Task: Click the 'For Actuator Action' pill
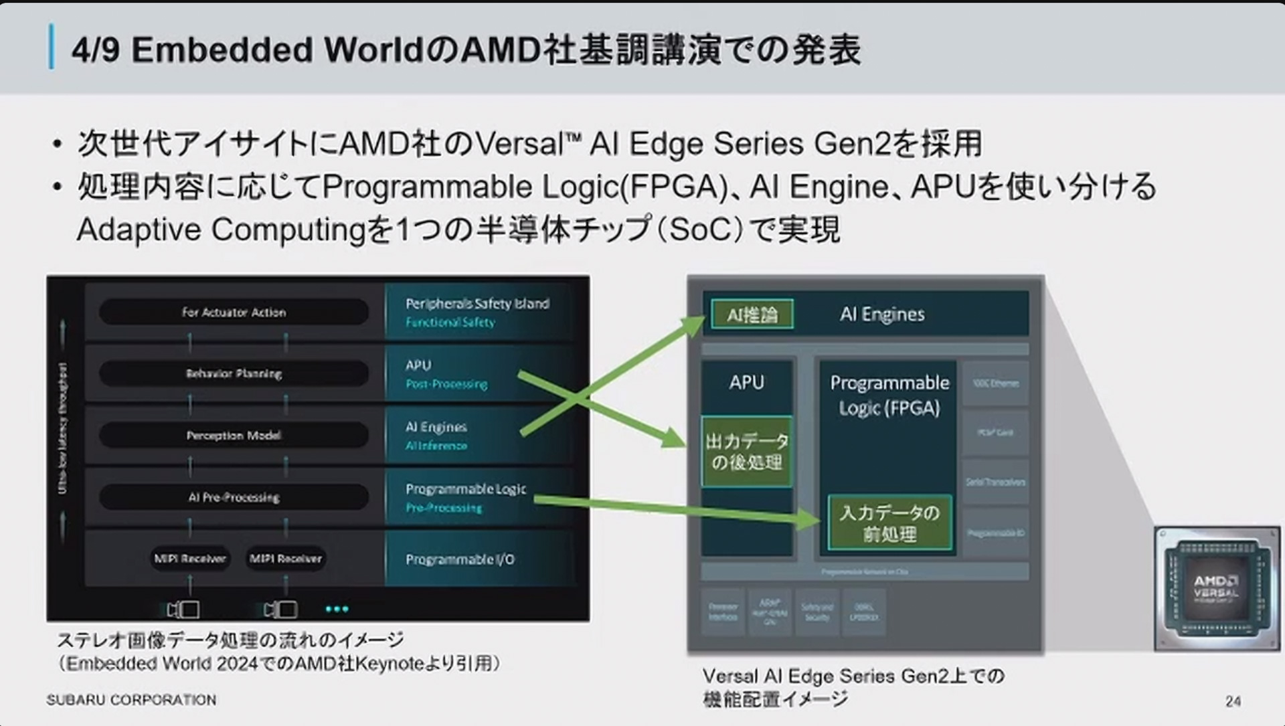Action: (234, 312)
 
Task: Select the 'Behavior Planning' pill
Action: (234, 373)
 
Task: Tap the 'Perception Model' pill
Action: (234, 436)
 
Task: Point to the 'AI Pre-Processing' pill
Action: (234, 497)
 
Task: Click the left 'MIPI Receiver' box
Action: (190, 558)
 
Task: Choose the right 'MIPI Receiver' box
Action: (286, 558)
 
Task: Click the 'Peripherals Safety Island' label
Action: (477, 303)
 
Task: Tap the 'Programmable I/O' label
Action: (460, 559)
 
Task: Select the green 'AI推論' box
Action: (752, 314)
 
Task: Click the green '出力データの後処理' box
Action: (747, 452)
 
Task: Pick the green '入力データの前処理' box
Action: (889, 523)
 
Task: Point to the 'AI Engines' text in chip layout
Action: (882, 314)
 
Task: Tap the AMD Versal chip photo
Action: (1216, 588)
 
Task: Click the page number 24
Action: (1233, 701)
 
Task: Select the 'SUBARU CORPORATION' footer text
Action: (131, 700)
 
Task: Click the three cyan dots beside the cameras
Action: (337, 609)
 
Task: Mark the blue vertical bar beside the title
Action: (52, 47)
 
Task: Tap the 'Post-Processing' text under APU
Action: (446, 384)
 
